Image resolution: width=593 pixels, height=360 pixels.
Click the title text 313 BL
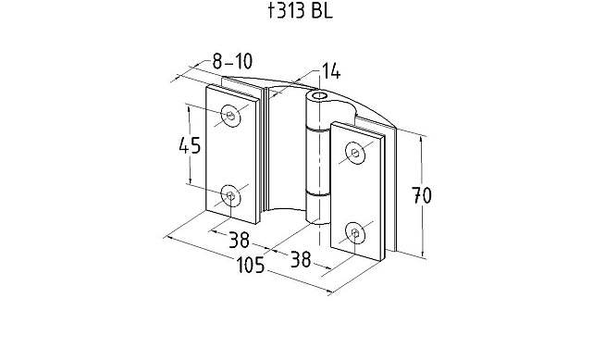point(303,11)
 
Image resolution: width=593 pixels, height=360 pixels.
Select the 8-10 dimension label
point(232,61)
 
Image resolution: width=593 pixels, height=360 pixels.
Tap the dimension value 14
point(330,71)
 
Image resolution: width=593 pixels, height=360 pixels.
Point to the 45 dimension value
point(190,145)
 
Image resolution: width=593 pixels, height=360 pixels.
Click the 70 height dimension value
point(421,195)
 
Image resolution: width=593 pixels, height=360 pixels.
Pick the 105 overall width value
point(251,265)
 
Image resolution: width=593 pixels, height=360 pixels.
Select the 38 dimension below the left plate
point(239,240)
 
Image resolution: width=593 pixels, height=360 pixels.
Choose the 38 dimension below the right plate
point(301,259)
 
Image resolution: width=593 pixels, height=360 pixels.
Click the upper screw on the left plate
point(231,115)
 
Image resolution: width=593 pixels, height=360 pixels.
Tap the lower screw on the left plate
point(230,195)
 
